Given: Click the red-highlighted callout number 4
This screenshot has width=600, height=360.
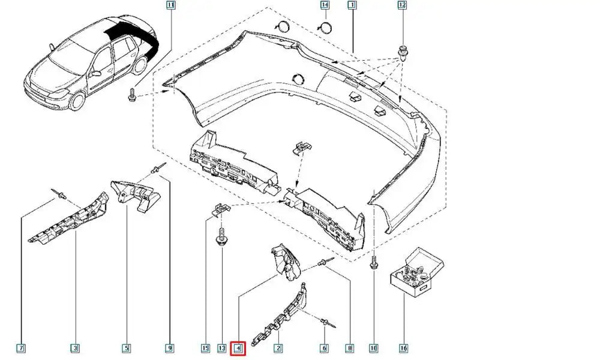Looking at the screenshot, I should coord(238,347).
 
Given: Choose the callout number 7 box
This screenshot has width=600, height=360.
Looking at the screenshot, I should coord(21,347).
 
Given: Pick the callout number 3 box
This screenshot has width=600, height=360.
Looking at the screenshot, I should coord(75,347).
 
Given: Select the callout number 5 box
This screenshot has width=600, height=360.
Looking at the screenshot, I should coord(127,347).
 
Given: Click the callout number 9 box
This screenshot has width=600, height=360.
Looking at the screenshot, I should coord(170,347).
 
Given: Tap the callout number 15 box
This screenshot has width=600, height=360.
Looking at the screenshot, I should coord(206,347).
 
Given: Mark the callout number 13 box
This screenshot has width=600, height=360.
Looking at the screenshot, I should coord(221,347).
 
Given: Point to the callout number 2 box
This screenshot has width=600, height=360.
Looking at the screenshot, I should coord(278,347).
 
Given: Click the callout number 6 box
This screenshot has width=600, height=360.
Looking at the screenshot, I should coord(324,347).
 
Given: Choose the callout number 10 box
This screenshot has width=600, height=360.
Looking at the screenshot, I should coord(373,347).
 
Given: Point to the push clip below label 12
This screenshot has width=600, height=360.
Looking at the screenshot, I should coord(402,52).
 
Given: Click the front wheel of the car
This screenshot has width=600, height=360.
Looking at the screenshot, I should coord(77,98).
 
